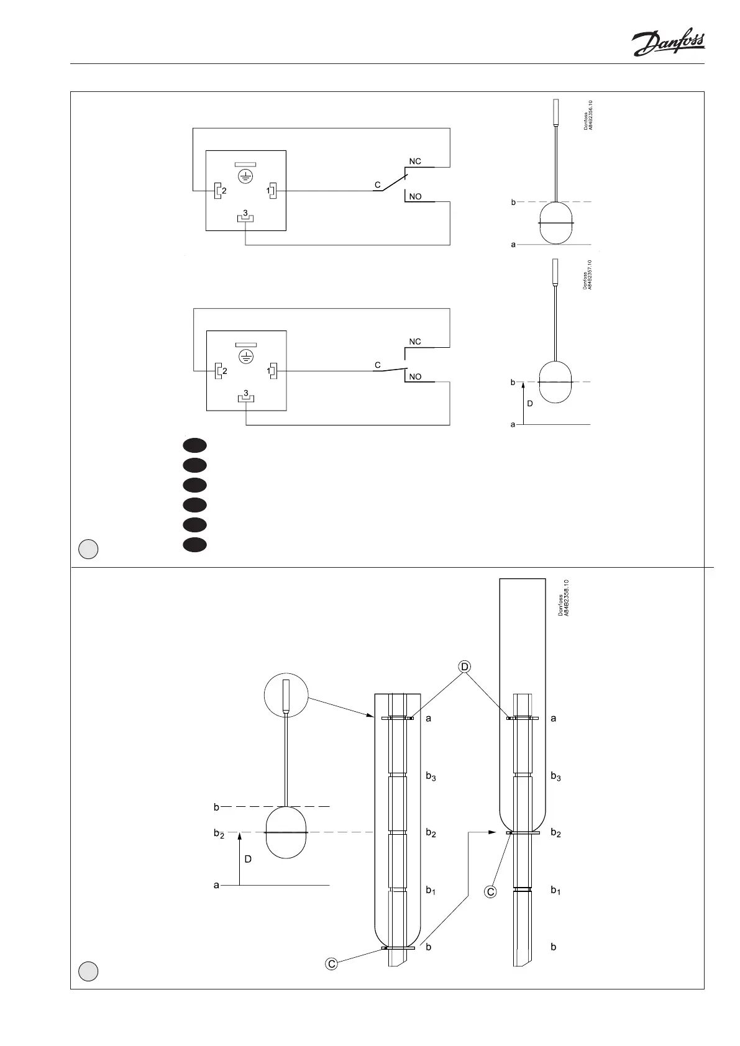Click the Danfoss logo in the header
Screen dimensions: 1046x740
pos(668,43)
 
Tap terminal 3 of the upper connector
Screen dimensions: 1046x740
pos(246,217)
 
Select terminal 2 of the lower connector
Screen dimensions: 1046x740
pos(219,371)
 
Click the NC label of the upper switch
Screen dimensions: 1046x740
pos(415,161)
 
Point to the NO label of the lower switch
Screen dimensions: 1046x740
pos(415,377)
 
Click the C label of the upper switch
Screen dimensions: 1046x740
pos(377,185)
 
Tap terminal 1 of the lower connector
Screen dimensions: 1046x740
pos(272,371)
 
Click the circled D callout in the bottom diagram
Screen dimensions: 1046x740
pos(464,666)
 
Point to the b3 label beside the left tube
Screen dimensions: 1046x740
pos(431,776)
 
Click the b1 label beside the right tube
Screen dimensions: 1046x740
pos(555,891)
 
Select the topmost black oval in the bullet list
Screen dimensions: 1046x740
pos(194,445)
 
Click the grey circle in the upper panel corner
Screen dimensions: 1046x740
pos(88,549)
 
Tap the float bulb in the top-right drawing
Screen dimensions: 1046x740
pos(556,222)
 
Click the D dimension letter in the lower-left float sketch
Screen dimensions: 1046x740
pos(248,860)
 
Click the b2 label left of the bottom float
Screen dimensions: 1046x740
pos(218,834)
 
